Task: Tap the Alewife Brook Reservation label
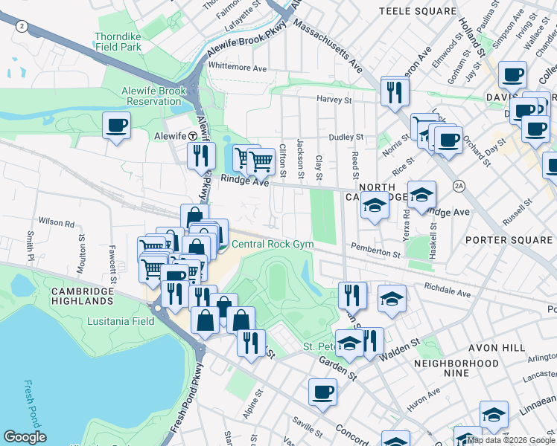point(154,96)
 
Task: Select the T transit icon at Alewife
point(192,136)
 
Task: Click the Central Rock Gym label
point(273,244)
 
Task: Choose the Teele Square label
point(417,11)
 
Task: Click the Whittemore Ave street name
point(237,68)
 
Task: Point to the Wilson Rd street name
point(57,222)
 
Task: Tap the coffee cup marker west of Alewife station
point(116,125)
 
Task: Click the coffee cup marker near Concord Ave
point(322,391)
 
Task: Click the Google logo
point(25,437)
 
